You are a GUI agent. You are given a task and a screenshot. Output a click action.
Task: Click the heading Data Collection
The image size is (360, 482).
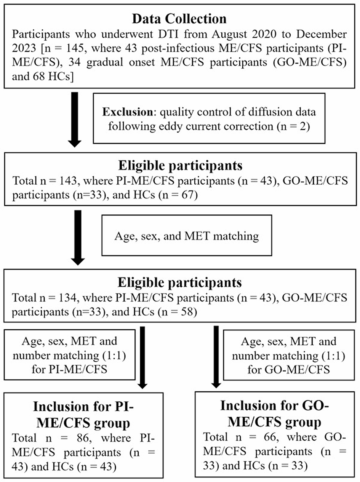pos(180,19)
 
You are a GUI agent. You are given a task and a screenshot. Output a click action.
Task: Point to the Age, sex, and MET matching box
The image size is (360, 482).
pos(187,236)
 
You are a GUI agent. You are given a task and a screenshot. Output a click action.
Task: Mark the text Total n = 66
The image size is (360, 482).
pos(232,436)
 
